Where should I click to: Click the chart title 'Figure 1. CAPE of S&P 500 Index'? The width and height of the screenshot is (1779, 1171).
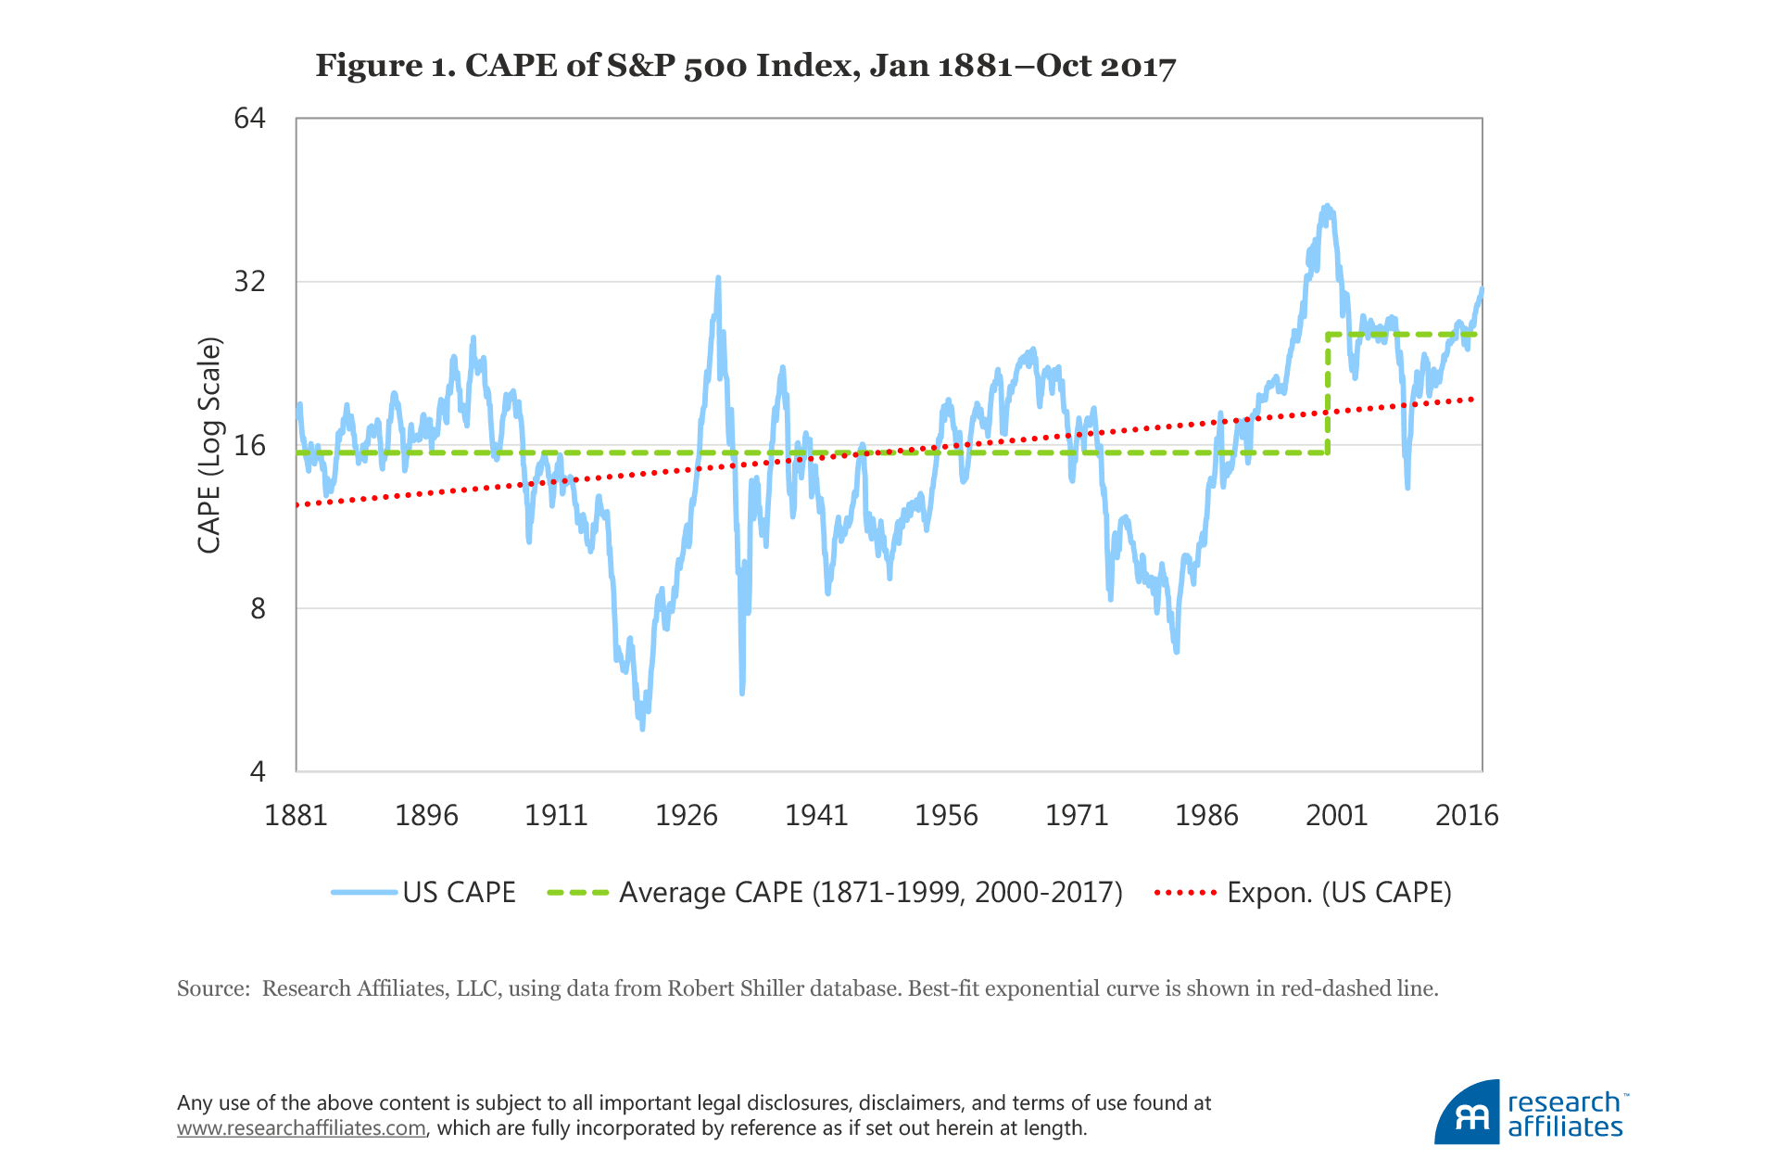click(x=745, y=67)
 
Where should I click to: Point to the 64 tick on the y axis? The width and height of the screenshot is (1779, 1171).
click(x=249, y=119)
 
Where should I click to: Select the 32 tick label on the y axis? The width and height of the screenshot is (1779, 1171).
click(x=249, y=282)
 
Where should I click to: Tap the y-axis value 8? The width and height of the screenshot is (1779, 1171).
click(x=257, y=608)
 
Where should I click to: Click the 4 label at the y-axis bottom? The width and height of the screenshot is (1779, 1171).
click(x=257, y=771)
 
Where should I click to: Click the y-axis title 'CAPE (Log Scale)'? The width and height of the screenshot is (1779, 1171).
click(x=210, y=445)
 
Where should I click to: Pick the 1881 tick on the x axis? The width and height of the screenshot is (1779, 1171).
click(x=296, y=815)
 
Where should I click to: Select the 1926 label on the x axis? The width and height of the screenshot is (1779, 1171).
click(x=686, y=815)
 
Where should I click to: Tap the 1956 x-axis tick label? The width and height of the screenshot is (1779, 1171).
click(x=946, y=815)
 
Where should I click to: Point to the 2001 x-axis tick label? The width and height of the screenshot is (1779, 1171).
click(x=1336, y=815)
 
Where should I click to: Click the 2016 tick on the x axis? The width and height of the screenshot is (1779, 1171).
click(x=1466, y=815)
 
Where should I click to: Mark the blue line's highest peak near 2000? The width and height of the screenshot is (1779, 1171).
click(x=1327, y=207)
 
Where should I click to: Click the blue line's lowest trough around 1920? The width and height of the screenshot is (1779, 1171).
click(x=642, y=728)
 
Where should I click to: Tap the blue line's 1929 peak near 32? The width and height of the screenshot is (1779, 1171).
click(x=718, y=277)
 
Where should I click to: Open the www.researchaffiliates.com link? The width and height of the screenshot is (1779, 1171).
click(x=301, y=1128)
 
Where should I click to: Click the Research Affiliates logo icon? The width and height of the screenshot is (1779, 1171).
click(x=1467, y=1113)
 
